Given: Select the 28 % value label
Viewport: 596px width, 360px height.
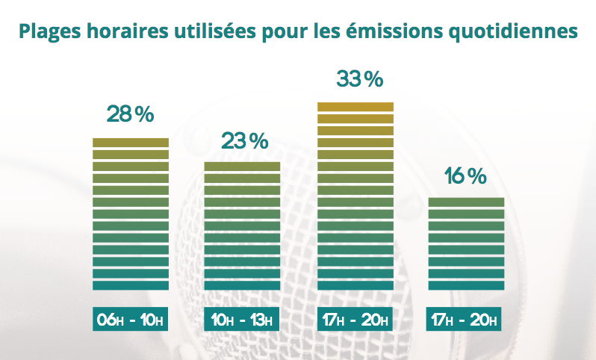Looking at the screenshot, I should (130, 115).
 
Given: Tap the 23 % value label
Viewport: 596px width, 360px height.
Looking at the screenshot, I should (243, 140).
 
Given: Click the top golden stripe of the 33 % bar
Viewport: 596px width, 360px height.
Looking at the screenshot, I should (355, 106).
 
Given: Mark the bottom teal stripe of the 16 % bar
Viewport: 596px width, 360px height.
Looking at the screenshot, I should (466, 285).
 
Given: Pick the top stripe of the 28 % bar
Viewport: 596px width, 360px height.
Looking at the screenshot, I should (130, 142).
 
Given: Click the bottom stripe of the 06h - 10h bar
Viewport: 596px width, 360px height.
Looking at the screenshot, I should (130, 285).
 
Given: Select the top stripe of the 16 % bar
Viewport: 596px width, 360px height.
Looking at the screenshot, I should (466, 202).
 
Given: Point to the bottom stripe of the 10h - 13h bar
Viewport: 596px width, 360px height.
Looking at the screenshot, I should (242, 285).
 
